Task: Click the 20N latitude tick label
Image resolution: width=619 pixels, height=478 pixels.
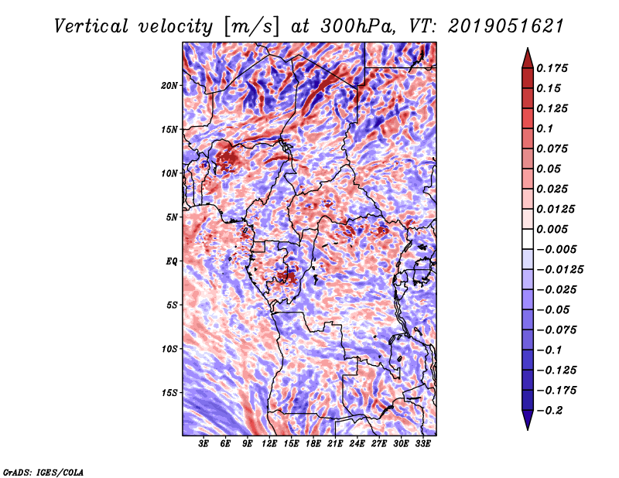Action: click(x=169, y=85)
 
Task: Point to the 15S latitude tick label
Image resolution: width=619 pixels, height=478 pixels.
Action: click(x=169, y=392)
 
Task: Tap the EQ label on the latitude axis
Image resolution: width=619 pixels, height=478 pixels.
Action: click(x=172, y=261)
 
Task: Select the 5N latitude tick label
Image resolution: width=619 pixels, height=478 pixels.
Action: click(x=172, y=217)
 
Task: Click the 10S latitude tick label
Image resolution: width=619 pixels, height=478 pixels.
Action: click(x=169, y=349)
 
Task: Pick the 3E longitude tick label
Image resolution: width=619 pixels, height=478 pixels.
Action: click(x=204, y=445)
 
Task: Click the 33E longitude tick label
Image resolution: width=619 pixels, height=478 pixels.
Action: click(x=422, y=445)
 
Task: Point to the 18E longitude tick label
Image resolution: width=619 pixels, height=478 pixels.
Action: click(x=313, y=445)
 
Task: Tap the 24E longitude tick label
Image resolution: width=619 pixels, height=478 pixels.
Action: click(x=357, y=445)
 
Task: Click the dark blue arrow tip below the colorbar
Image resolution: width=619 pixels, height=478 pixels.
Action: click(x=527, y=424)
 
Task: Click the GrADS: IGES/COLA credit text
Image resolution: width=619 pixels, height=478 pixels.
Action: click(x=43, y=471)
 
